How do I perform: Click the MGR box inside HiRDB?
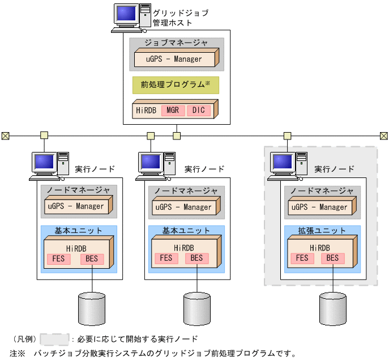pyautogui.click(x=173, y=109)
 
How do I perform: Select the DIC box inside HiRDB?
pyautogui.click(x=198, y=109)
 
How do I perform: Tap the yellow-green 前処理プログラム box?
pyautogui.click(x=176, y=85)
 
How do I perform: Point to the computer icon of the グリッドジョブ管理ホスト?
pyautogui.click(x=130, y=17)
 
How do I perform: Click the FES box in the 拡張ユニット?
pyautogui.click(x=303, y=259)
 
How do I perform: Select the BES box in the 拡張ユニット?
pyautogui.click(x=332, y=259)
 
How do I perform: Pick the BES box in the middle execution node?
pyautogui.click(x=196, y=259)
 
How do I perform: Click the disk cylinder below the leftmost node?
pyautogui.click(x=92, y=307)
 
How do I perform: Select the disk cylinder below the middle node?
pyautogui.click(x=196, y=307)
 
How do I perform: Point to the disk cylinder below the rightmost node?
pyautogui.click(x=333, y=307)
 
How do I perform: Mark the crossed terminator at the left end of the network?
pyautogui.click(x=5, y=135)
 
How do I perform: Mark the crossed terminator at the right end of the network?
pyautogui.click(x=384, y=135)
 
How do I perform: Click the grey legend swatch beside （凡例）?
pyautogui.click(x=54, y=340)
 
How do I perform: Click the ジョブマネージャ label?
pyautogui.click(x=176, y=43)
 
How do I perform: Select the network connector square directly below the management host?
pyautogui.click(x=177, y=135)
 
